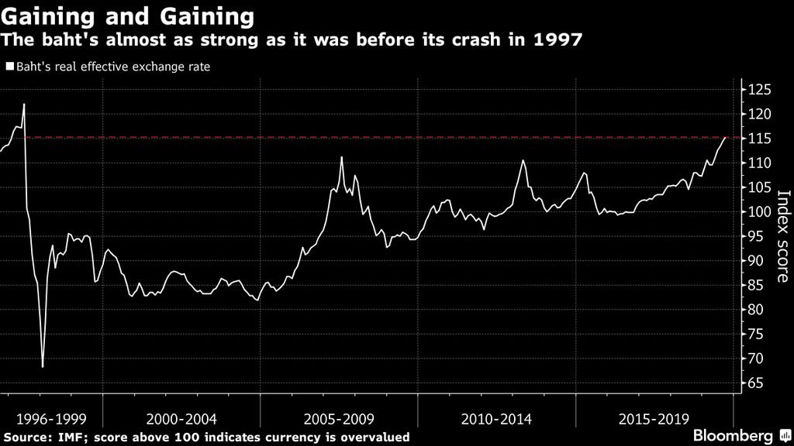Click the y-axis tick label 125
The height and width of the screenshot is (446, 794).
click(761, 90)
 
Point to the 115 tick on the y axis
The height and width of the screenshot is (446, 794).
click(761, 139)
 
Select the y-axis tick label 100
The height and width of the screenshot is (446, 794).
click(761, 212)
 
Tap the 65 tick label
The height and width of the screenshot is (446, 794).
click(758, 383)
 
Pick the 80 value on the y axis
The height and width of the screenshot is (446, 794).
click(758, 310)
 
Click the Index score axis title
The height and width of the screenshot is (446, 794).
click(782, 236)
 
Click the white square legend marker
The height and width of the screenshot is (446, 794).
click(9, 67)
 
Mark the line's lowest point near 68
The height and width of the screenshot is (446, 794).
click(43, 366)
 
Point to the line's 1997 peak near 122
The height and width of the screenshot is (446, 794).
click(24, 104)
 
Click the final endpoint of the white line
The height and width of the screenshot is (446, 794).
click(726, 137)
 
